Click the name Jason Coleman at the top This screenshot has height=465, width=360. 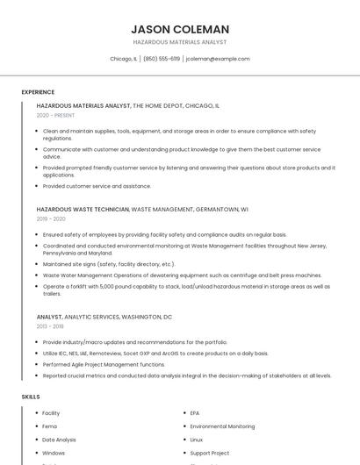tap(180, 29)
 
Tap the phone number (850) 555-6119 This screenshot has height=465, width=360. tap(162, 59)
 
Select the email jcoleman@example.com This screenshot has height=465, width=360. tap(218, 59)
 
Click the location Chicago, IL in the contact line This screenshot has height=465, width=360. tap(124, 59)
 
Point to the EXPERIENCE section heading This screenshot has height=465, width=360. tap(38, 91)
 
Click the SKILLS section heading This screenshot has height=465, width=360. tap(31, 397)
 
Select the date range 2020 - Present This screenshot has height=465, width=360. tap(55, 115)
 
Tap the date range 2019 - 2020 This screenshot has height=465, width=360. tap(51, 218)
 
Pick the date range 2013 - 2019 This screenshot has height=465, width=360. tap(51, 325)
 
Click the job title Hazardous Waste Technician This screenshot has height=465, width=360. tap(83, 209)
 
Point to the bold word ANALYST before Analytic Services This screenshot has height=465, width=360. tap(49, 316)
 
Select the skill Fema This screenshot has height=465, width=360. tap(50, 426)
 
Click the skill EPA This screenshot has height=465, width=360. tap(195, 412)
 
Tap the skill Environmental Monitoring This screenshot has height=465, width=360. tap(222, 426)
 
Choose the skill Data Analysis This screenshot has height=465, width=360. tap(59, 440)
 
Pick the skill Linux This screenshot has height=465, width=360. tap(197, 440)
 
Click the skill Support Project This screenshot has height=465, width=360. tap(209, 453)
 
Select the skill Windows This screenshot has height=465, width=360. tap(54, 453)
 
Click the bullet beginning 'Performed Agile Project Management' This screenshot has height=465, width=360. tap(104, 364)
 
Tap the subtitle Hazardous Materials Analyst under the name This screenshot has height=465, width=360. tap(180, 42)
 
